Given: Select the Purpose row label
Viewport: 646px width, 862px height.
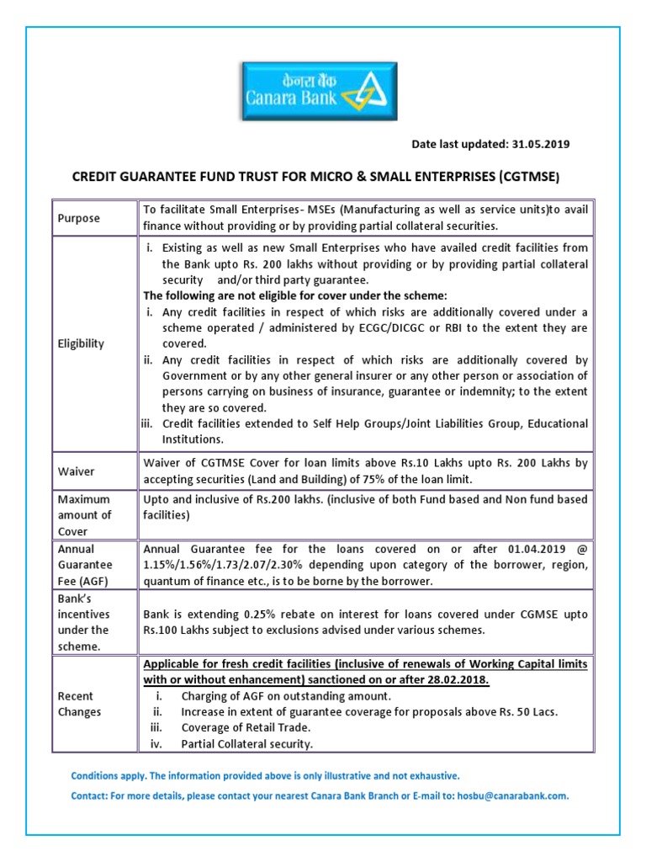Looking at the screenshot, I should point(78,218).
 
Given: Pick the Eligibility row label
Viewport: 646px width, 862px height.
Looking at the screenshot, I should point(82,343).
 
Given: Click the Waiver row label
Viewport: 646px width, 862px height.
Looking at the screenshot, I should point(76,471).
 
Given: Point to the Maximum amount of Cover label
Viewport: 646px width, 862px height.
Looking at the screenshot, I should point(84,515).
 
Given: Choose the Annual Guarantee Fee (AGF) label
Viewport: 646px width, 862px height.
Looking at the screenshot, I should point(85,565).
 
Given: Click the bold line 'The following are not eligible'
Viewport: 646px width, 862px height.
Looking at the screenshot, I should point(294,295).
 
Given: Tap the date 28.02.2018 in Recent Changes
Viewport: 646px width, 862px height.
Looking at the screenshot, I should point(459,679).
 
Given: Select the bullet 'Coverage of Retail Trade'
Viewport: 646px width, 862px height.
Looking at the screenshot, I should point(244,728).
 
